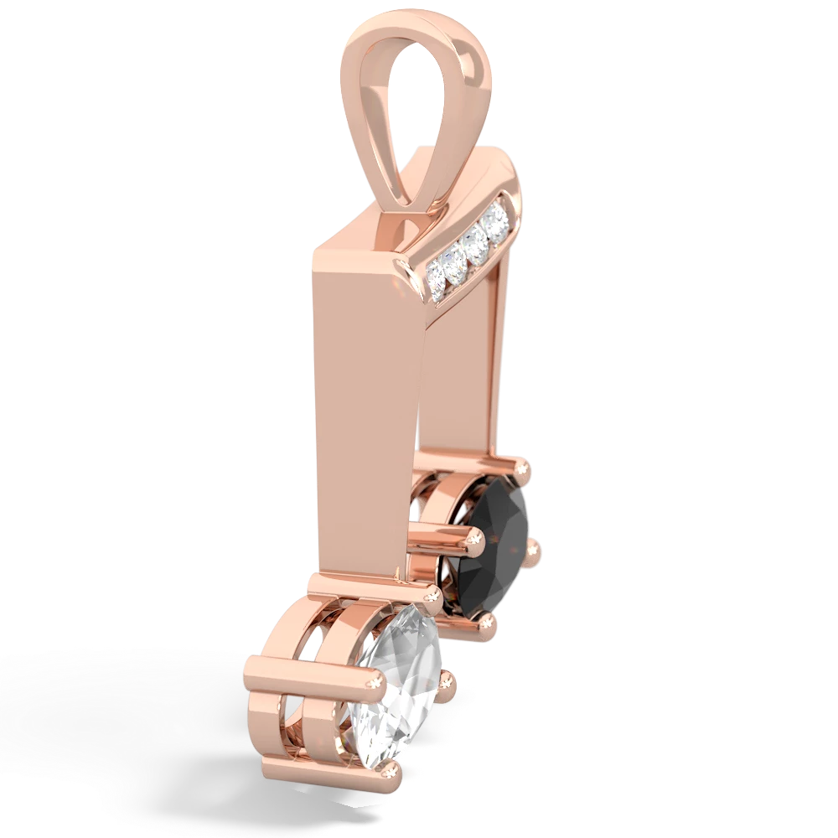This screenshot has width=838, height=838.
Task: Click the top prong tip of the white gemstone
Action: pos(432,594)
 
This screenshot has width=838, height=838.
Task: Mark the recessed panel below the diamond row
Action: pos(461,377)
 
